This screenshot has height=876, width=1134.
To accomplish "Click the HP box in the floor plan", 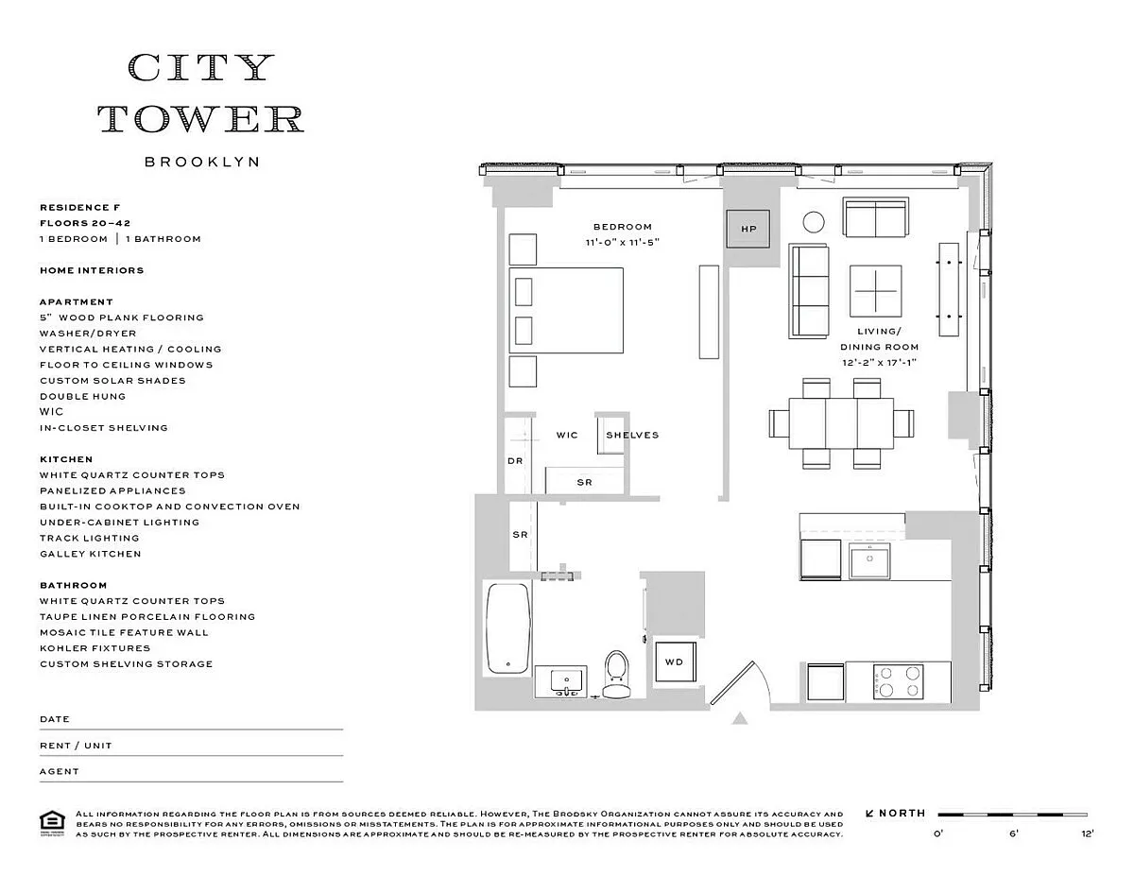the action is tap(748, 229).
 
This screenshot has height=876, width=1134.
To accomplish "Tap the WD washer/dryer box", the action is tap(674, 661).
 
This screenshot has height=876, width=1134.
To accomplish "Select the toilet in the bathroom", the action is tap(615, 673).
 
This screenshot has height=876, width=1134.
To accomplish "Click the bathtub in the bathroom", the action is tap(507, 627).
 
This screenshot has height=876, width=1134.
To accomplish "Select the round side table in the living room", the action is tap(814, 222).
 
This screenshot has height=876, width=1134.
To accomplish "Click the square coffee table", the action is tap(875, 290).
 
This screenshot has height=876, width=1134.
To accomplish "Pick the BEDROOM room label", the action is tap(623, 227).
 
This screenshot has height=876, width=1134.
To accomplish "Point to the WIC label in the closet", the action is tap(566, 436).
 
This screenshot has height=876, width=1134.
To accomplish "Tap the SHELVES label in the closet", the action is tap(631, 436).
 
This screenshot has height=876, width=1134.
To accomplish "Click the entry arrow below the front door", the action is tap(740, 719).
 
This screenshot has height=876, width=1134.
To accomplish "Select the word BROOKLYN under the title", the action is tap(201, 162).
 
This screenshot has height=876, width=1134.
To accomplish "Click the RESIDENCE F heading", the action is tap(79, 207).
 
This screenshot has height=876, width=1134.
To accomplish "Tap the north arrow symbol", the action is tap(869, 813).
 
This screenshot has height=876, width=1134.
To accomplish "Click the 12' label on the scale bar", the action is tap(1087, 834).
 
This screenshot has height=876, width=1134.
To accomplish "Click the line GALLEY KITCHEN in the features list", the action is tap(90, 554).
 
